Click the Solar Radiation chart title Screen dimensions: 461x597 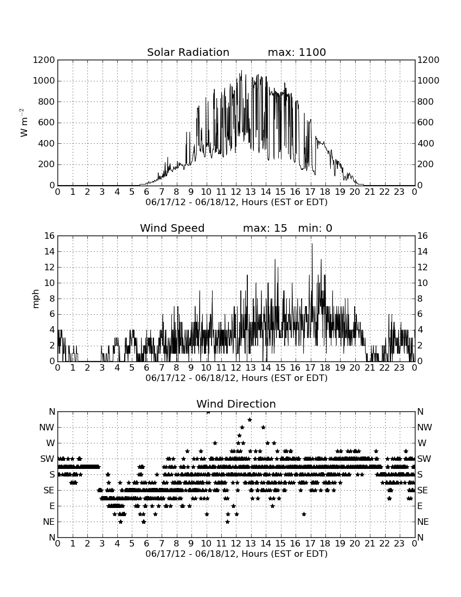[188, 52]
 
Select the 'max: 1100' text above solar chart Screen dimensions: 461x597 [297, 52]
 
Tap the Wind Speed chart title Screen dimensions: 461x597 [172, 228]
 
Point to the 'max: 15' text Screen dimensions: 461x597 [265, 228]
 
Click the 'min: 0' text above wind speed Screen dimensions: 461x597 [315, 228]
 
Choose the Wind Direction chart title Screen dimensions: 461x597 [236, 404]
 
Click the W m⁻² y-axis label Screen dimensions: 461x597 [23, 123]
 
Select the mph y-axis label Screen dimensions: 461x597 [35, 298]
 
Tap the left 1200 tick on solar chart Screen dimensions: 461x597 [44, 60]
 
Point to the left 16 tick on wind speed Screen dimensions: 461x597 [49, 236]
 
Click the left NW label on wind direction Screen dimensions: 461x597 [47, 427]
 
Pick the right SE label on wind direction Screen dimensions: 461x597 [422, 491]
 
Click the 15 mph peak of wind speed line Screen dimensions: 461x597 [312, 244]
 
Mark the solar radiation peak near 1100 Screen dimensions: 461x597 [241, 71]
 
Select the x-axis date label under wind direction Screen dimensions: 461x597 [236, 554]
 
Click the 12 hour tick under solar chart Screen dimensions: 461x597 [236, 192]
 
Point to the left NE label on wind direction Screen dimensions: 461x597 [49, 522]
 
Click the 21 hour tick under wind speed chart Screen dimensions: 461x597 [370, 367]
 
